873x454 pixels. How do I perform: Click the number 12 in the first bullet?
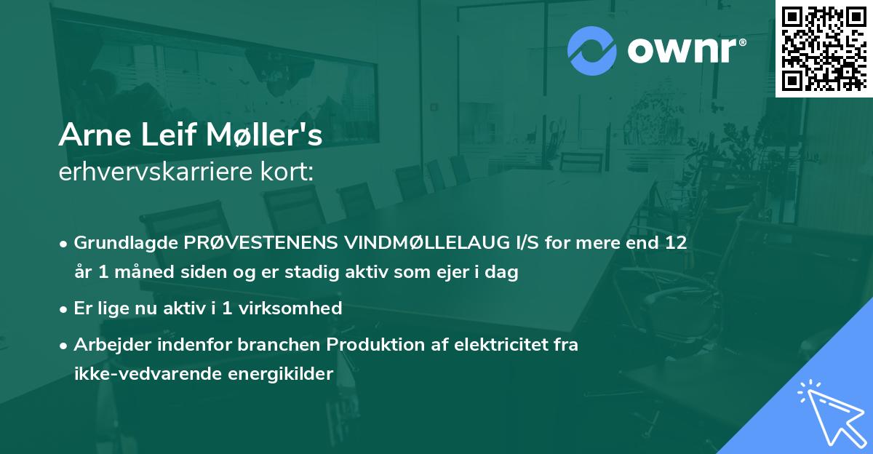(676, 242)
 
